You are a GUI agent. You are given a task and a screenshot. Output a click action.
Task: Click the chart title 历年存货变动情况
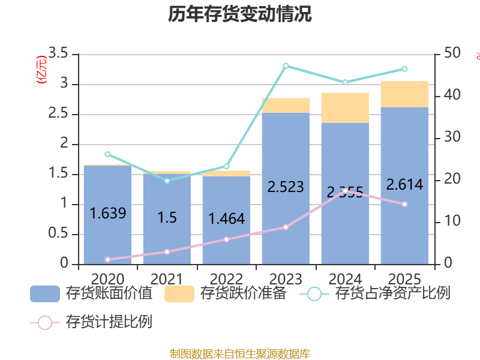point(240,14)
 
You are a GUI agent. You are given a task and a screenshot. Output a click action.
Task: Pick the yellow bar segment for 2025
point(404,94)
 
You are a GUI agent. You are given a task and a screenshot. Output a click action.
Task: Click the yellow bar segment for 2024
point(345,108)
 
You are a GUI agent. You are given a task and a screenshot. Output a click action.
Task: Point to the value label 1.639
point(107,213)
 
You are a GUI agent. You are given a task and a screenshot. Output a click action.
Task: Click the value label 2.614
point(404,185)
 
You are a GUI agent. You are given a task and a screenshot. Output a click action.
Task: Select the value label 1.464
point(226,219)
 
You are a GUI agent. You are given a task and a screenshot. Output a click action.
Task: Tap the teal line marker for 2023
point(286,65)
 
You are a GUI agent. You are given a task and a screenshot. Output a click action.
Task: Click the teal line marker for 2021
point(167,180)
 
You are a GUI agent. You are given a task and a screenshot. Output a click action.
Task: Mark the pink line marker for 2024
point(345,190)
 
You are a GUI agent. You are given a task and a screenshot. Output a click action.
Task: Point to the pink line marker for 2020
point(107,260)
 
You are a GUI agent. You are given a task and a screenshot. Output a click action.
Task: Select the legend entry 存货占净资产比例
point(378,294)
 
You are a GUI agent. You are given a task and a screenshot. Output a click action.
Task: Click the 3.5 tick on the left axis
point(58,54)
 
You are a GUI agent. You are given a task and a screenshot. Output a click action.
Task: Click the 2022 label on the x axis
point(226,279)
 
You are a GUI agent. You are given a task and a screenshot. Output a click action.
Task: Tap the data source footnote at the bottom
point(240,354)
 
